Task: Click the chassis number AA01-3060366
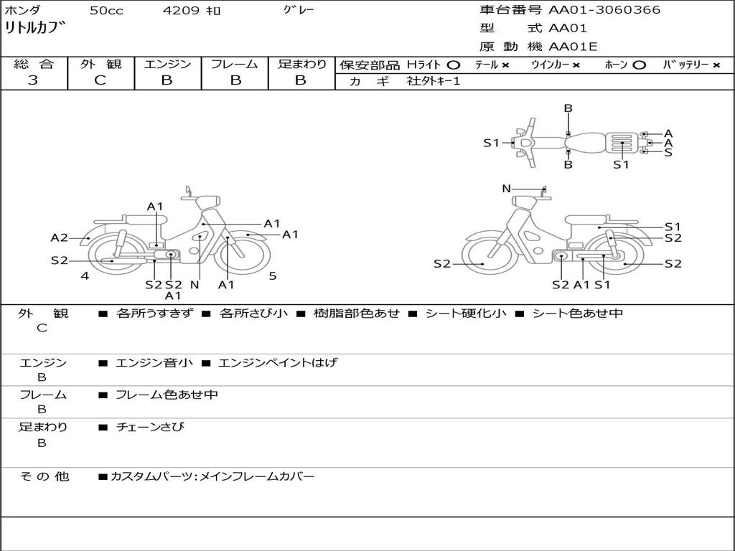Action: (604, 10)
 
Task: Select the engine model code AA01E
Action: (573, 47)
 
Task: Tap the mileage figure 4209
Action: (181, 10)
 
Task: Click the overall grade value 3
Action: (33, 80)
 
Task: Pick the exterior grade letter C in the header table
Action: (100, 80)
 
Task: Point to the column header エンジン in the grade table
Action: (167, 64)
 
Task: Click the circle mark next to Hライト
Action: (454, 65)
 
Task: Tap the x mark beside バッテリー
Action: (716, 65)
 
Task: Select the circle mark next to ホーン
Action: (639, 65)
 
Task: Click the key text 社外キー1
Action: (434, 81)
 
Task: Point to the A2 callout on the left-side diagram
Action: (60, 238)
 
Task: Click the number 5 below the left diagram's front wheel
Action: (273, 276)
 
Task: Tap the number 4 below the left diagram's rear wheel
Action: (85, 276)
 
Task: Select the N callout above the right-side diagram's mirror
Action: (506, 189)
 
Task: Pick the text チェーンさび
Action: (150, 428)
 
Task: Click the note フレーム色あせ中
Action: (167, 395)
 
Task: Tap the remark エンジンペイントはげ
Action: (278, 362)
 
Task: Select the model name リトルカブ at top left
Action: (34, 28)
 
